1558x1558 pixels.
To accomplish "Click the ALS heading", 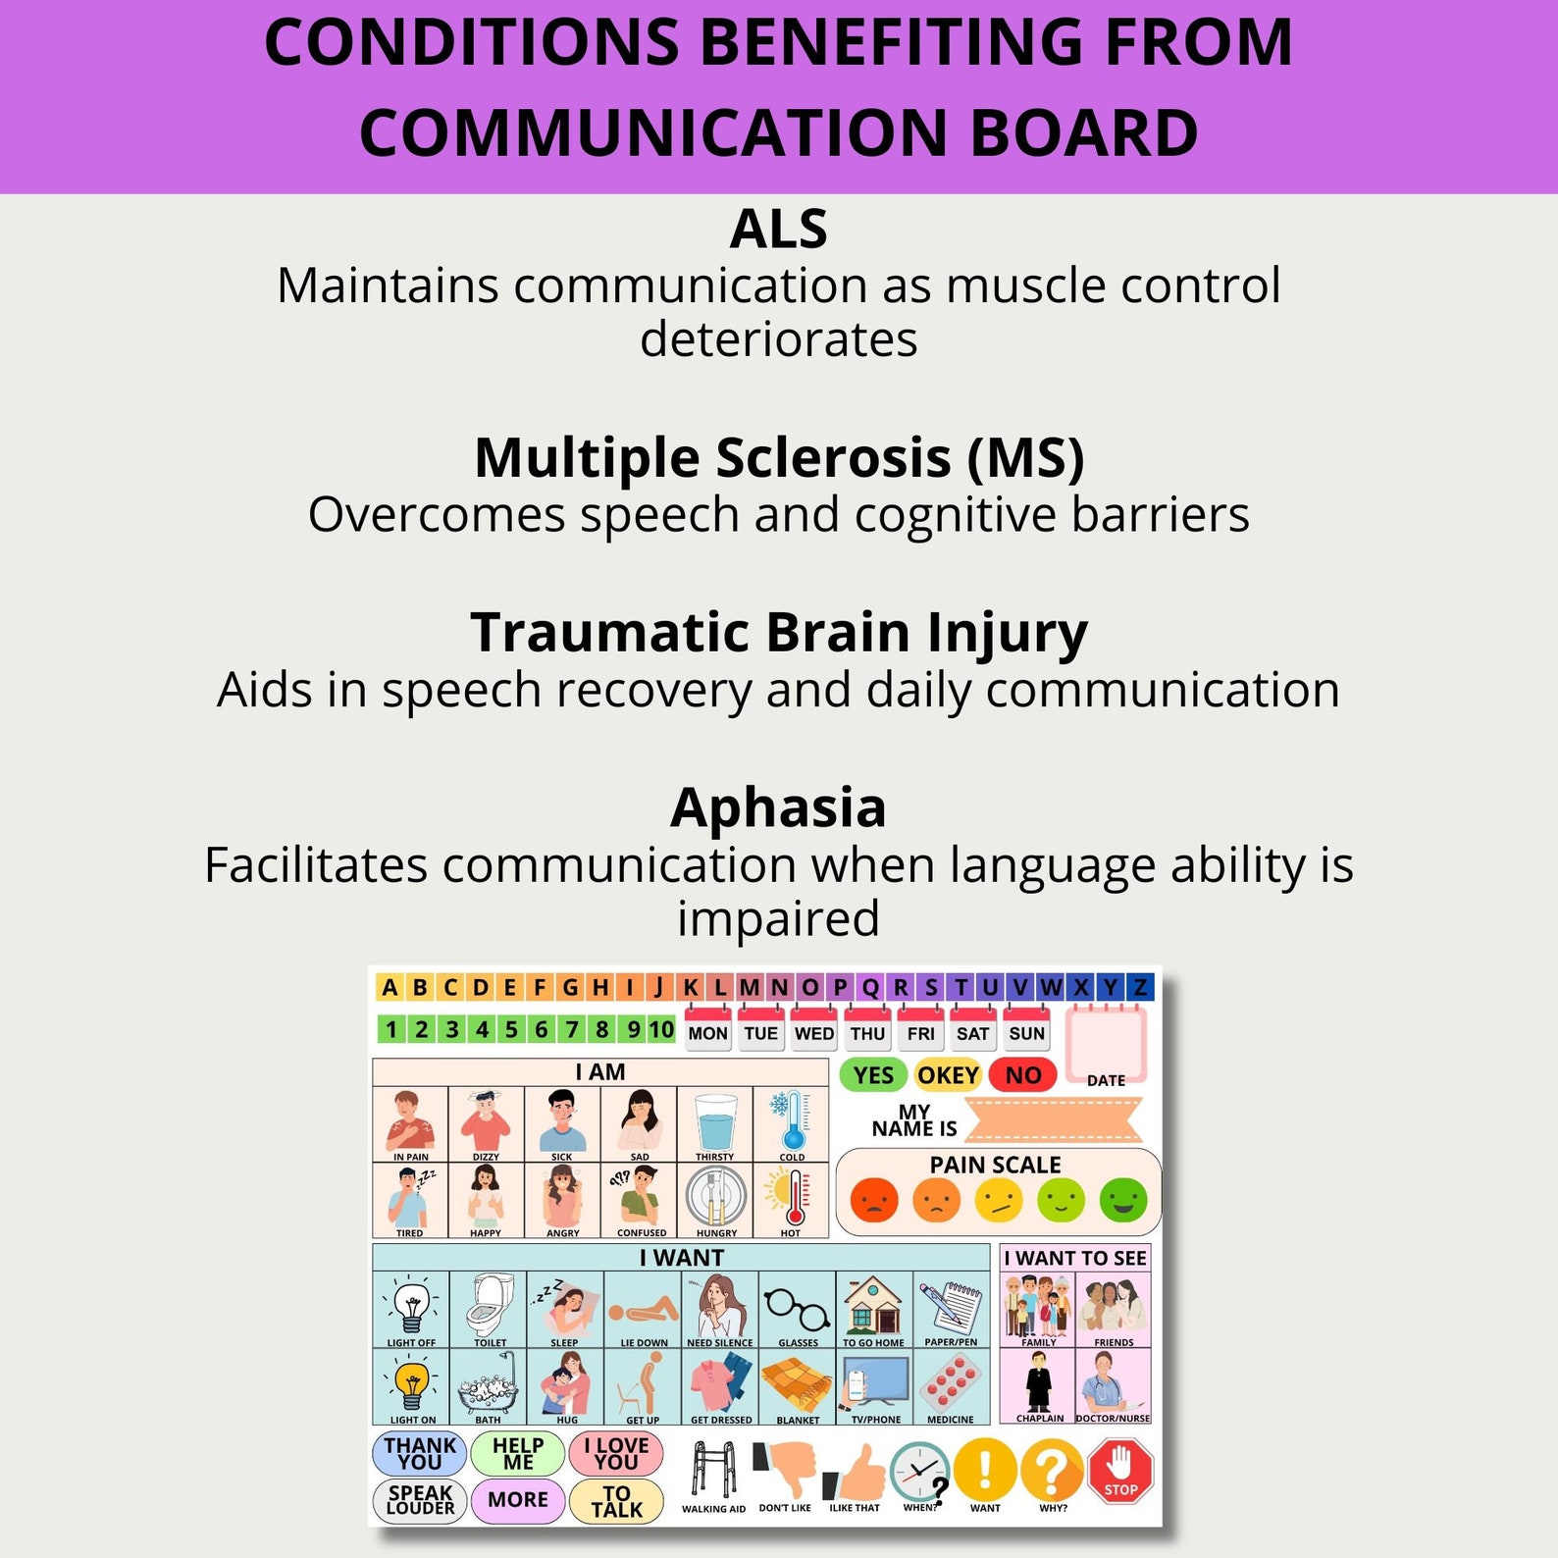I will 778,229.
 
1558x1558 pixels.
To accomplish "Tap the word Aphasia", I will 778,807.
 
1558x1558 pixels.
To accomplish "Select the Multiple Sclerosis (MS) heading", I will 778,457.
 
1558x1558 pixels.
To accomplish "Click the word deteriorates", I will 778,339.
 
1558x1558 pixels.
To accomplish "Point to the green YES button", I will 872,1075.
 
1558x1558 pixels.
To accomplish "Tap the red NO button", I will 1022,1075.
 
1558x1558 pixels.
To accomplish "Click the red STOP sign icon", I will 1120,1471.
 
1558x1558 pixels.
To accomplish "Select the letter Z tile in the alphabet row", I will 1139,987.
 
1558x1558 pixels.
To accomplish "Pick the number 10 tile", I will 661,1029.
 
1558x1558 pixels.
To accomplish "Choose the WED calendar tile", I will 813,1032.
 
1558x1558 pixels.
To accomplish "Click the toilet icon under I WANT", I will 490,1305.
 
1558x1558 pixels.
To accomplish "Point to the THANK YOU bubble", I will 420,1453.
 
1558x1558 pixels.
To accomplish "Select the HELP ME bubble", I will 518,1453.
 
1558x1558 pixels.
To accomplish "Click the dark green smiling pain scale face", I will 1123,1200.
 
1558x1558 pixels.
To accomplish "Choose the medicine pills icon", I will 950,1383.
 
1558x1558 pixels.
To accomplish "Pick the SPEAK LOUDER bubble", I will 420,1500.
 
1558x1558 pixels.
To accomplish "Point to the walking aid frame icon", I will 712,1469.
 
